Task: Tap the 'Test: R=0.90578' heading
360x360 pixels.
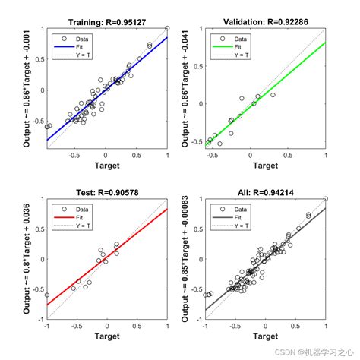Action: tap(106, 193)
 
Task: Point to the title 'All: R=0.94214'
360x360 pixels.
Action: tap(265, 193)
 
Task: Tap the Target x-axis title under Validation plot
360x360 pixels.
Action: tap(265, 164)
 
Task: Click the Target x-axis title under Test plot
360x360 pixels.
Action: tap(106, 335)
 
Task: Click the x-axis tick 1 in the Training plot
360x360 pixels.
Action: tap(167, 154)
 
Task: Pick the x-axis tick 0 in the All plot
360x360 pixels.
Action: tap(265, 325)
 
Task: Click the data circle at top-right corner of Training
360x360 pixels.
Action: tap(167, 28)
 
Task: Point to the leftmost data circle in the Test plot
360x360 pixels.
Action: tap(46, 295)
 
